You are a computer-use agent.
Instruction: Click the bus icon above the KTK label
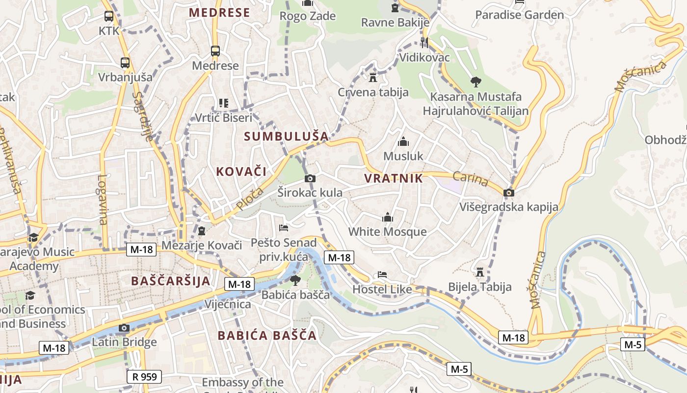pos(109,16)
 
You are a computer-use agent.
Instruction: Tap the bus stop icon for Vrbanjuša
pos(125,63)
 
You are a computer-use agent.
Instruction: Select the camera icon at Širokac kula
pos(310,178)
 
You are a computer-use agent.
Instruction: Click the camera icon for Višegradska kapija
pos(509,193)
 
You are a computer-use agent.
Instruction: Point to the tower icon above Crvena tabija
pos(373,78)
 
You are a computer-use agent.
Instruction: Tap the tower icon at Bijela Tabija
pos(480,272)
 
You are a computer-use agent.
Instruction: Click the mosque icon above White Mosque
pos(388,217)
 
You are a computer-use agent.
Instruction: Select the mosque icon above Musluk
pos(403,142)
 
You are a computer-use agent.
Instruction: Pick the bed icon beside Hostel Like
pos(382,275)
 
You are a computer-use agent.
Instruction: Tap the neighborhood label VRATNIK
pos(394,178)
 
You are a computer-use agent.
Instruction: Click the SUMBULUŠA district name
pos(286,137)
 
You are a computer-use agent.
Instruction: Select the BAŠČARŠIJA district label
pos(171,281)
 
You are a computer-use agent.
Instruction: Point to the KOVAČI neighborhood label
pos(241,171)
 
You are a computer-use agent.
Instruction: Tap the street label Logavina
pos(102,199)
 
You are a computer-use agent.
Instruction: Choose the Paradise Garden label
pos(520,15)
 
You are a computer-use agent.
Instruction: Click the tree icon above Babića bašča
pos(295,281)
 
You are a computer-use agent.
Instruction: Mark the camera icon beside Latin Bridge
pos(124,328)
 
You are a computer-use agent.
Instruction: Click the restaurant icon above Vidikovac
pos(424,43)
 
